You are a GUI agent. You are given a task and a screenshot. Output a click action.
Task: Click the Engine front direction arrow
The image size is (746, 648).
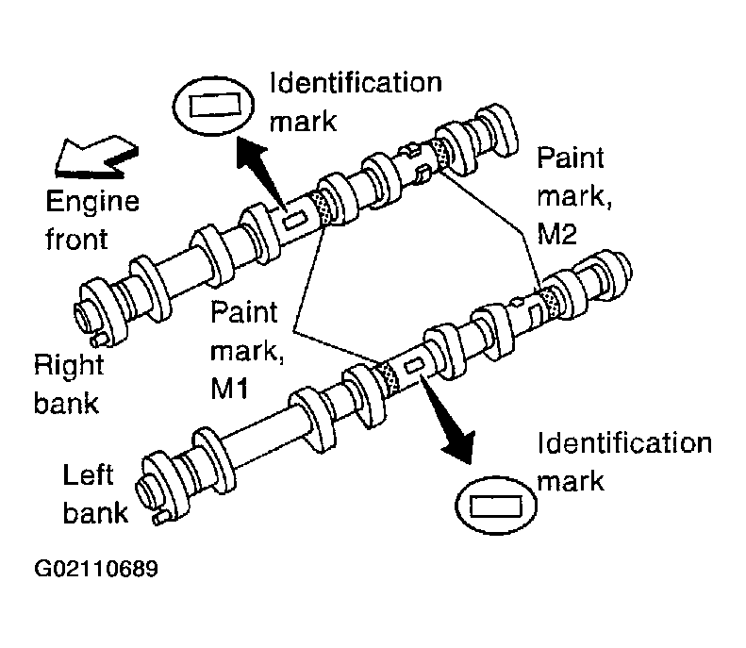(x=95, y=157)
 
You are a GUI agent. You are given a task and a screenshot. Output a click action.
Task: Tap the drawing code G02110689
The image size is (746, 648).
(x=96, y=569)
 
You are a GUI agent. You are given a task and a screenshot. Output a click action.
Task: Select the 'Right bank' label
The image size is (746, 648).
(x=69, y=385)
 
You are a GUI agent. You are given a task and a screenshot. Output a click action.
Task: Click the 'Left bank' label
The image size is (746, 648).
(x=95, y=494)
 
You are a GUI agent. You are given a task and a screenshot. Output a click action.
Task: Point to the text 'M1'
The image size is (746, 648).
(x=229, y=389)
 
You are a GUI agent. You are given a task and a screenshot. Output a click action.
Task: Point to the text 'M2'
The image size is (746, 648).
(x=557, y=234)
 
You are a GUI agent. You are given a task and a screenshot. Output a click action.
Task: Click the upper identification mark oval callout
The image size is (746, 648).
(x=212, y=106)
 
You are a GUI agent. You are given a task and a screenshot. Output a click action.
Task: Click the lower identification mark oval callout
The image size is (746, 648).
(x=496, y=506)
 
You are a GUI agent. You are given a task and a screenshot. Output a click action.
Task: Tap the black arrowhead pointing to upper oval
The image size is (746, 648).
(x=251, y=152)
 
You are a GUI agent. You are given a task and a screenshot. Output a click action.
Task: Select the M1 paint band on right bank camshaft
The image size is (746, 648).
(x=319, y=208)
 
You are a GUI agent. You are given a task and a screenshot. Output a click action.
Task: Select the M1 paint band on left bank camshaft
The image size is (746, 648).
(x=389, y=378)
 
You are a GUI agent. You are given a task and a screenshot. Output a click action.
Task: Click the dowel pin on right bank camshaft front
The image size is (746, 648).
(x=99, y=340)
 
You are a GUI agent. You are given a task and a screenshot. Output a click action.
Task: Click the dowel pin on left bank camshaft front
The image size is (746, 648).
(x=160, y=517)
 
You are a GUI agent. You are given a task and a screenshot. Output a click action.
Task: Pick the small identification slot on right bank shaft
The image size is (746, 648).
(x=294, y=221)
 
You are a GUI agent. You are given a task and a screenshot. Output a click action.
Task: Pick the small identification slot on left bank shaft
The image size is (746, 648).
(x=414, y=365)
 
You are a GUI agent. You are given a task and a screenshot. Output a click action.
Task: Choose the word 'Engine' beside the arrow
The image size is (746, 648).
(x=92, y=202)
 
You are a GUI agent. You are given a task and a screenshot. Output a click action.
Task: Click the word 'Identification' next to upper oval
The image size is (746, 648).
(x=356, y=83)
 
